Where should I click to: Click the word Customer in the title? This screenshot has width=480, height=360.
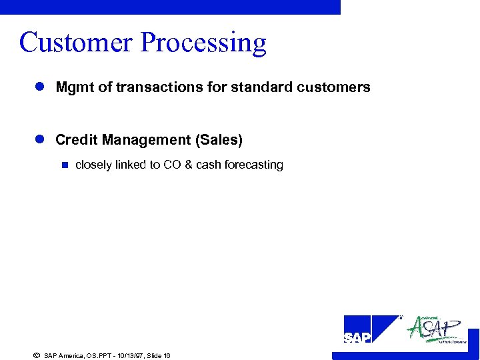pyautogui.click(x=77, y=42)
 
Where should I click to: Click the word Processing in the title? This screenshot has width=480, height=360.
pyautogui.click(x=203, y=43)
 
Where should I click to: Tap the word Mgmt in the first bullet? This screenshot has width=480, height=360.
pyautogui.click(x=73, y=87)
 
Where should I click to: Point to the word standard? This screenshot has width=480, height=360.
pyautogui.click(x=255, y=87)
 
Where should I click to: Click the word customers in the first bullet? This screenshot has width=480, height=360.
pyautogui.click(x=337, y=87)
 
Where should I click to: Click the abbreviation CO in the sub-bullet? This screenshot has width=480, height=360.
pyautogui.click(x=171, y=165)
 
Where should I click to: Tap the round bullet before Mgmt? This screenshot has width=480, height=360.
pyautogui.click(x=39, y=87)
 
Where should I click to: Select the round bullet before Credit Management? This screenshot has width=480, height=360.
pyautogui.click(x=39, y=140)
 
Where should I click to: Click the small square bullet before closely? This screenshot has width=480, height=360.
pyautogui.click(x=65, y=165)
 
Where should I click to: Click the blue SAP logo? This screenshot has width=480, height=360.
pyautogui.click(x=370, y=330)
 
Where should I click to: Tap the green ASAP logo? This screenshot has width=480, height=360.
pyautogui.click(x=437, y=329)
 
